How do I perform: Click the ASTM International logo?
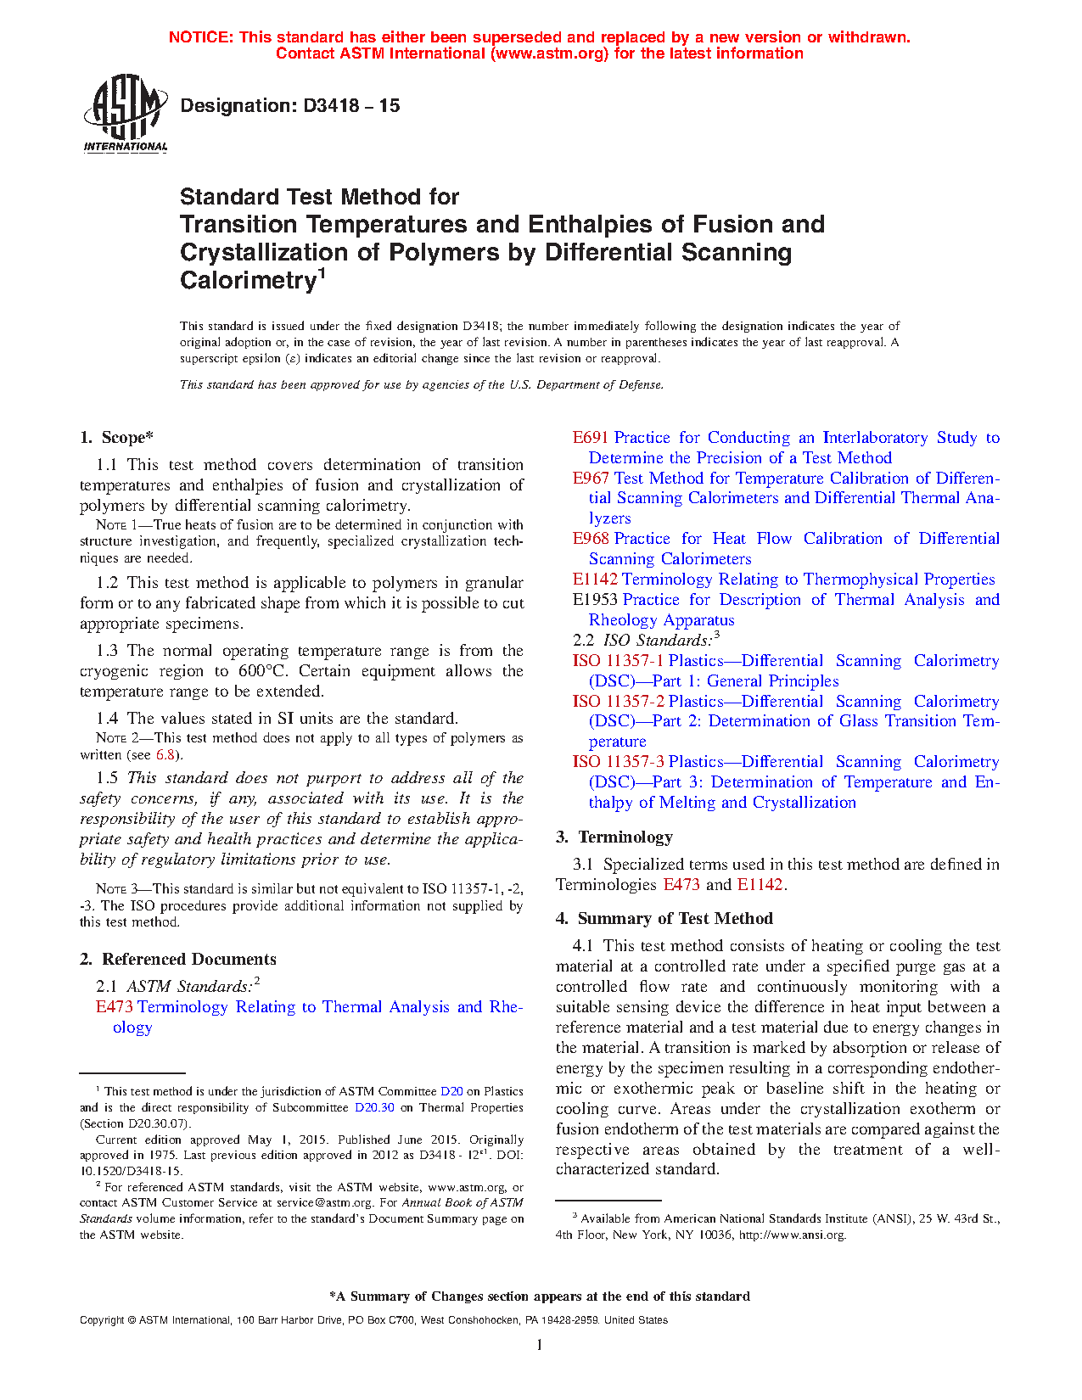pos(125,113)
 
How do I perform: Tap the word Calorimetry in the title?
pos(248,280)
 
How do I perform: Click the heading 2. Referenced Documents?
pos(177,960)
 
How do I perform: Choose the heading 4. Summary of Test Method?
pos(664,919)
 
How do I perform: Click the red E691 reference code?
pos(590,438)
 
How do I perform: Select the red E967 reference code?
pos(590,479)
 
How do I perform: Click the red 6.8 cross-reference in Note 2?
pos(165,754)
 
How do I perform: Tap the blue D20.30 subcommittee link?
pos(374,1107)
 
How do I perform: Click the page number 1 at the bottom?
pos(540,1345)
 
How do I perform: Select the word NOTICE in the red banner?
pos(200,37)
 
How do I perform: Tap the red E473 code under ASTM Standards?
pos(114,1007)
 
